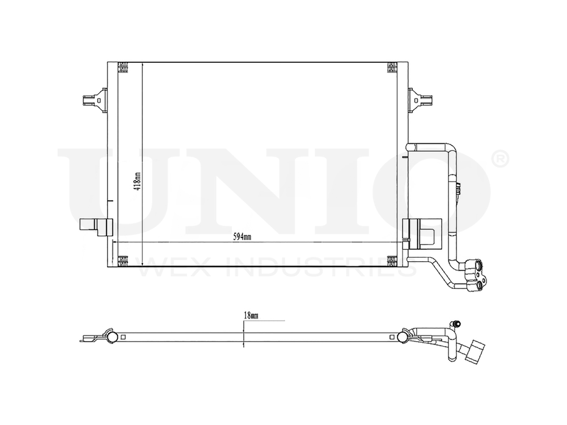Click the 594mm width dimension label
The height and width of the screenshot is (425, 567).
242,237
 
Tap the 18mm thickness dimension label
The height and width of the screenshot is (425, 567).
250,315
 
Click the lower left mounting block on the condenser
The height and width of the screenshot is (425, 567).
93,227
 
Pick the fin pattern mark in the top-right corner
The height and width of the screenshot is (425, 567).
391,67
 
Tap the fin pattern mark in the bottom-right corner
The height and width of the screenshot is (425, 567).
391,261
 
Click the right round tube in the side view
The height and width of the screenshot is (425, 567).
403,338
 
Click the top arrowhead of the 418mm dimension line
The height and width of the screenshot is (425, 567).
142,64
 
